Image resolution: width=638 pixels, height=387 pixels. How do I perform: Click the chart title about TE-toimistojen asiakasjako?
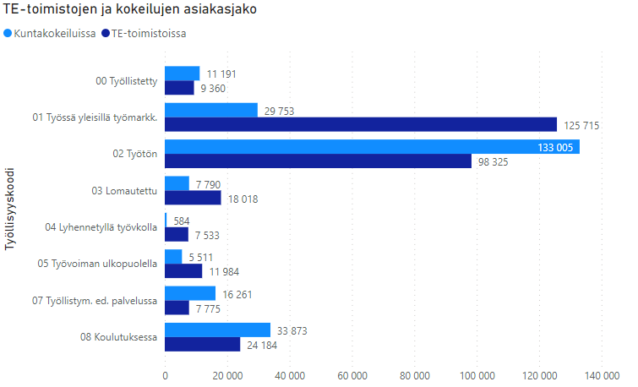point(130,11)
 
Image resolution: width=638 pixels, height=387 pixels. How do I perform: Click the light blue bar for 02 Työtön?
point(372,147)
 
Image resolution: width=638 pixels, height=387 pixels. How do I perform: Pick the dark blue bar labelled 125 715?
point(361,125)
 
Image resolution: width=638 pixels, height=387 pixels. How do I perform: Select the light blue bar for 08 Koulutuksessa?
point(217,330)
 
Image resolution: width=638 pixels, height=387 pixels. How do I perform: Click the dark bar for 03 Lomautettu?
point(193,198)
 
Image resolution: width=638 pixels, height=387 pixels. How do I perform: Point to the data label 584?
point(182,221)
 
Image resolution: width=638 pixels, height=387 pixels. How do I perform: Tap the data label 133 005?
point(558,147)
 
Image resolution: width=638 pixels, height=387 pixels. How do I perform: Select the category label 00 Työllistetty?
point(128,81)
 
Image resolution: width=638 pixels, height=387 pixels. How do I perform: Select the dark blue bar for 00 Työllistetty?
point(179,88)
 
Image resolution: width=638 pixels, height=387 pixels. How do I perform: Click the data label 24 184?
point(260,345)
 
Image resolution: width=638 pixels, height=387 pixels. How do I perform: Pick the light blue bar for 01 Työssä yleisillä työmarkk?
point(210,110)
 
